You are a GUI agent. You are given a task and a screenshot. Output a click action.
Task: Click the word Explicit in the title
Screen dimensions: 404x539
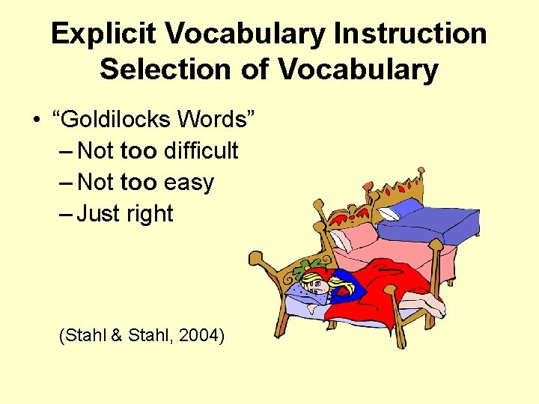(103, 34)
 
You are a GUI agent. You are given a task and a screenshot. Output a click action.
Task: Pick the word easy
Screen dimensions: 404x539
(189, 182)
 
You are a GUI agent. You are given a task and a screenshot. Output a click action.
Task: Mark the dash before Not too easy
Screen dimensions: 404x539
(65, 182)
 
